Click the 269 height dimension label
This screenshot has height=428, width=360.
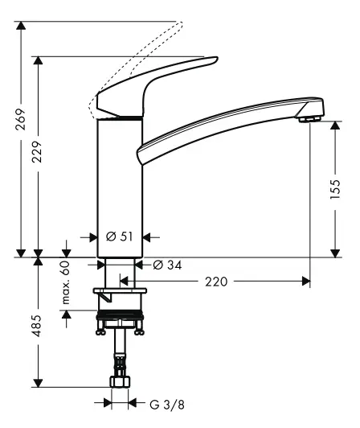[x=22, y=118]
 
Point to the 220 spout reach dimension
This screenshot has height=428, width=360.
[x=216, y=282]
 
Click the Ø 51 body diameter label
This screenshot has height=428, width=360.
[x=119, y=237]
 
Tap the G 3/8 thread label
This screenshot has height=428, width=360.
[x=152, y=403]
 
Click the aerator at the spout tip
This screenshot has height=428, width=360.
[x=308, y=120]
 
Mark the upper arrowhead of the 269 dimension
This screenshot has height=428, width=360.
[x=22, y=28]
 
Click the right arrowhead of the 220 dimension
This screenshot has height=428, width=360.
[x=305, y=282]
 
